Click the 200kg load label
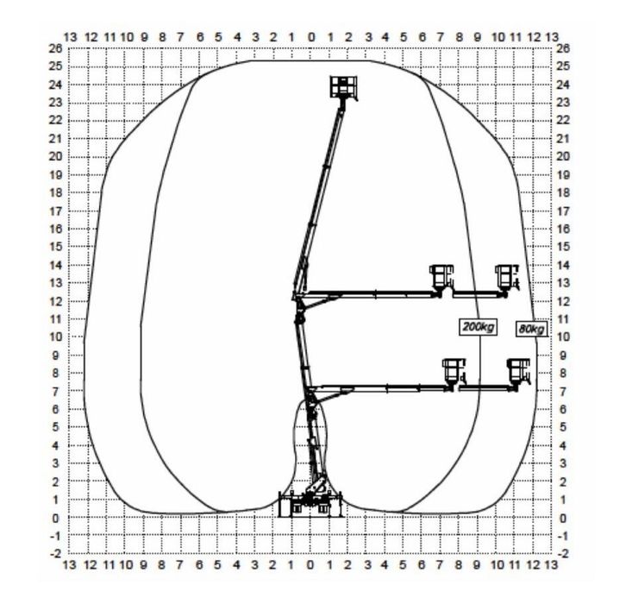click(478, 327)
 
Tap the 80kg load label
click(531, 329)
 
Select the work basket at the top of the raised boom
click(343, 87)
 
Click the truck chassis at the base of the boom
click(310, 504)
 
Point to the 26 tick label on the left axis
click(55, 48)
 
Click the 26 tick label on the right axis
click(562, 48)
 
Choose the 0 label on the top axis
click(311, 38)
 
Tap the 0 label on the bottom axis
click(310, 565)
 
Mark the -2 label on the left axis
click(55, 554)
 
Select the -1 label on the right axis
click(562, 536)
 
